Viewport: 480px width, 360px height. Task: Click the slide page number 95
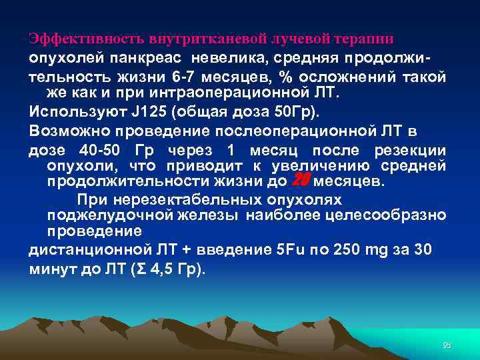(x=447, y=345)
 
